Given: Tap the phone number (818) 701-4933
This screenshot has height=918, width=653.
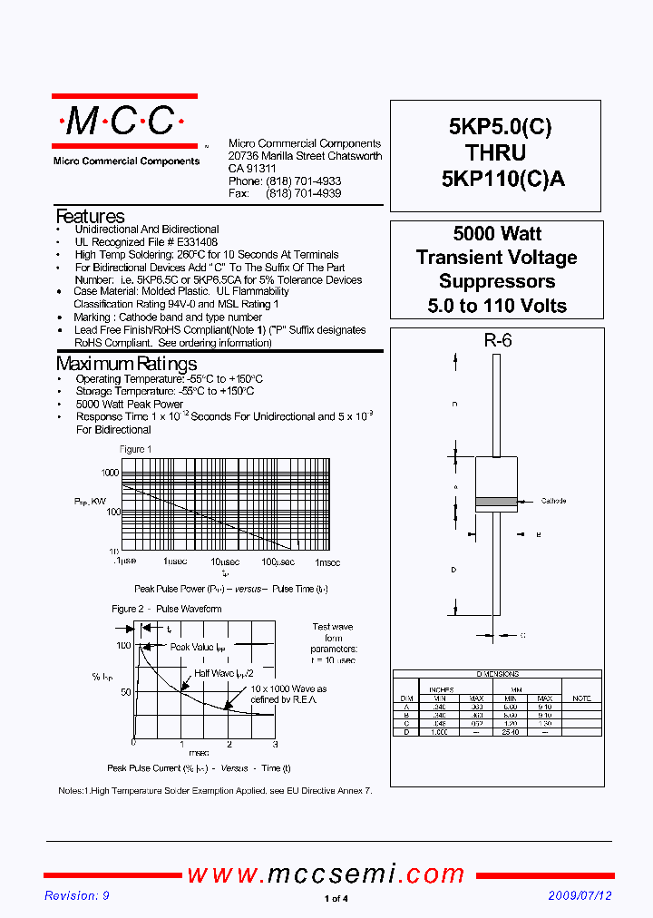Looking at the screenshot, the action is click(x=303, y=181).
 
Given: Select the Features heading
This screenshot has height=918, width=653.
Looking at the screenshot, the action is click(x=90, y=217).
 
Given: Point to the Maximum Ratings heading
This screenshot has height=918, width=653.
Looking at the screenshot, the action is click(x=126, y=365).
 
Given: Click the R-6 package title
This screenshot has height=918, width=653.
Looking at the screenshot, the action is click(x=497, y=341).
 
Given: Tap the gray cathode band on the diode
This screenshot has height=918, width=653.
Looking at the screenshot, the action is click(x=496, y=501).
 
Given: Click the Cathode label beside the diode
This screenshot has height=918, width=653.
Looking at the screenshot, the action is click(x=553, y=501).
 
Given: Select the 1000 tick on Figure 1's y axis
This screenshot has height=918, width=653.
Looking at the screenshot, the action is click(x=110, y=473).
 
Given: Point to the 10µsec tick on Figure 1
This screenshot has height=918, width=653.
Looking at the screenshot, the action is click(x=226, y=562).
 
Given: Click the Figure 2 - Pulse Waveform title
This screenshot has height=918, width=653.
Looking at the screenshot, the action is click(x=166, y=609).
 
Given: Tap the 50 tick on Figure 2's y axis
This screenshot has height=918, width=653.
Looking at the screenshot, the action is click(x=126, y=692).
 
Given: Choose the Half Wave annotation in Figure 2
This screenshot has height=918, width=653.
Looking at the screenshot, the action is click(x=223, y=673).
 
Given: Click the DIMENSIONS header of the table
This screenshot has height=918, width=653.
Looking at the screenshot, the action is click(x=497, y=674).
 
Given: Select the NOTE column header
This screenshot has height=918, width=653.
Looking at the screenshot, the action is click(x=581, y=698).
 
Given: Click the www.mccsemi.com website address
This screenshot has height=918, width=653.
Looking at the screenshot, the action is click(x=326, y=874).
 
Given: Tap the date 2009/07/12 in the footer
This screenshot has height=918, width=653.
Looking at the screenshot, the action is click(x=580, y=895).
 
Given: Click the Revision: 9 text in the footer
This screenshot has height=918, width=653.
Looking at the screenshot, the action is click(x=77, y=895).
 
